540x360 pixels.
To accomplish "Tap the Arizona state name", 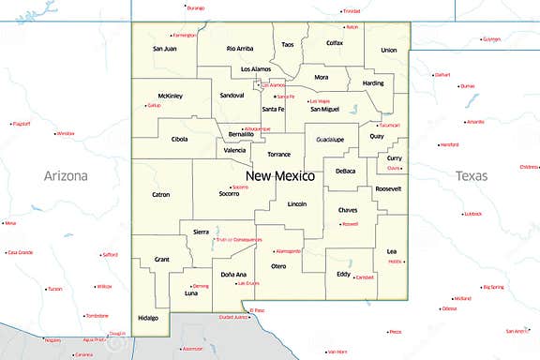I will tap(66, 175).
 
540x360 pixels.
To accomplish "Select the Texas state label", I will tap(472, 175).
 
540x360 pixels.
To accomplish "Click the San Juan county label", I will tap(164, 48).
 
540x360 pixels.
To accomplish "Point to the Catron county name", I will tap(160, 195).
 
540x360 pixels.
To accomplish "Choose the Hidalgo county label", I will tap(147, 318).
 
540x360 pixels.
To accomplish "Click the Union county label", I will tap(389, 50).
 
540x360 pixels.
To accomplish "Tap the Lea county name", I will tap(391, 250).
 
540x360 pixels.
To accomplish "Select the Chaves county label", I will tap(348, 210).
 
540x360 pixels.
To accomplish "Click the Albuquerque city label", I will tap(257, 128).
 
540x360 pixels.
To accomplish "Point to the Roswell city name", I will tap(351, 224).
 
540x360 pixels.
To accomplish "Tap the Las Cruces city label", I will tap(247, 283).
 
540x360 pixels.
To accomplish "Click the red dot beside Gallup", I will tap(145, 105).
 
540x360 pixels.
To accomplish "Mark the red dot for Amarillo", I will tap(466, 122).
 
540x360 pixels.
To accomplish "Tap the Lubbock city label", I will tap(473, 214).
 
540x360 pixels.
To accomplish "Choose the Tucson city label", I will tap(54, 289).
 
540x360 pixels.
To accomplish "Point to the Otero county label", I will tap(278, 266).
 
